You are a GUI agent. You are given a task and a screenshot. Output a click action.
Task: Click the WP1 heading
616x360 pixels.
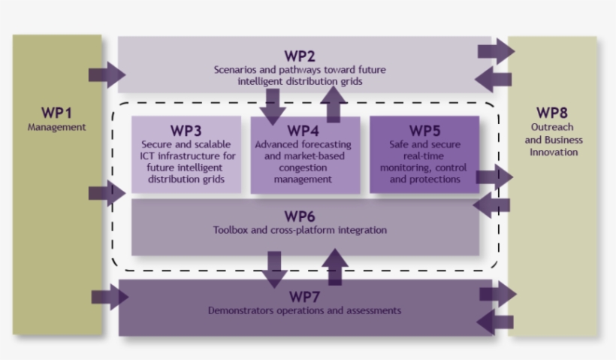[56, 113]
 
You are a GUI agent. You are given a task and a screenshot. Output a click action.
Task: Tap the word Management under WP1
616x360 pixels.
[56, 127]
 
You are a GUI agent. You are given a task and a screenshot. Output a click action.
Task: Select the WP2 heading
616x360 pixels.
[300, 56]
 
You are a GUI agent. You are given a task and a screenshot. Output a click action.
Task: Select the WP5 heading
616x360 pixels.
[424, 131]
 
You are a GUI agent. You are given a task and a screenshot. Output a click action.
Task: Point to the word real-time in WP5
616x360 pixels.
[424, 156]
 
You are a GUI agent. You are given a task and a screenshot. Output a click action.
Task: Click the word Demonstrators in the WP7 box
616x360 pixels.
[240, 310]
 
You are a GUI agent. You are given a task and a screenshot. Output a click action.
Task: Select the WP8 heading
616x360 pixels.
[552, 113]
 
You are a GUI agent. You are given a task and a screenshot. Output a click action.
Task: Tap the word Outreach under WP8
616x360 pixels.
[552, 127]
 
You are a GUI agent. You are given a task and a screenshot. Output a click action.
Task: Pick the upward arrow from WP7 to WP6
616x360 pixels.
[335, 267]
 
